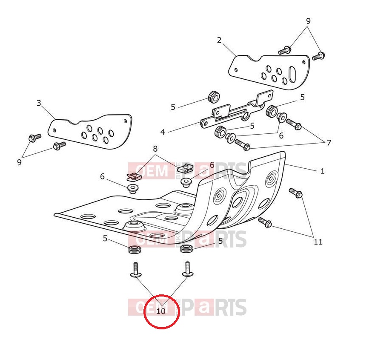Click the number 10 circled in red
coord(161,311)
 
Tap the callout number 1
coord(323,171)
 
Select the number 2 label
coord(219,40)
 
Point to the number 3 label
coord(39,103)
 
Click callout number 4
coord(163,132)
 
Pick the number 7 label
coord(329,143)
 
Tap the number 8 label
coord(155,149)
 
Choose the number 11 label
coord(318,242)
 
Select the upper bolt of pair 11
coord(295,193)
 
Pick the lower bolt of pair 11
coord(264,222)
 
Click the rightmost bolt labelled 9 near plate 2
coord(318,55)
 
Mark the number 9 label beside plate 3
coord(19,162)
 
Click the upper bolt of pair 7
coord(294,124)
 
